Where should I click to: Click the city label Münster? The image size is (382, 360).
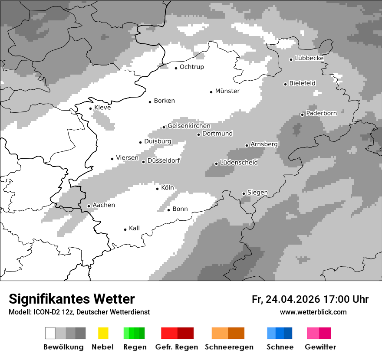point(227,91)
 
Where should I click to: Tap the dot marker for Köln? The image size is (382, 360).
point(158,189)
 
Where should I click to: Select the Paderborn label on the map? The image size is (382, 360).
point(321,114)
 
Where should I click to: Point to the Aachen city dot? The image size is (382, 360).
point(89,206)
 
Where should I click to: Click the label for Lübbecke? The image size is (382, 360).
point(309,59)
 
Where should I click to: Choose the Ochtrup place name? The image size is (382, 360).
point(191,67)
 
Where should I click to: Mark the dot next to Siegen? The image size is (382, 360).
point(244,193)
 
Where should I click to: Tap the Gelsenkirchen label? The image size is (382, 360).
point(189,126)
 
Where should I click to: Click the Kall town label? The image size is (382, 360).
point(134,228)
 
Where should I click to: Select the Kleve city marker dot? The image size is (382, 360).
point(90,108)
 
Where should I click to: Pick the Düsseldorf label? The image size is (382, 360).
point(163,161)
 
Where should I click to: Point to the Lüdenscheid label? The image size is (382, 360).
point(239,163)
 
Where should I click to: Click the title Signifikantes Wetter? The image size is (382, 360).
point(72,299)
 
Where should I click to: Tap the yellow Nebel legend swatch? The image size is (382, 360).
point(103,333)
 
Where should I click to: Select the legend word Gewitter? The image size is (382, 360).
point(320,347)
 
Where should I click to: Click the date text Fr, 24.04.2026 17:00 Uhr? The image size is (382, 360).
point(310,299)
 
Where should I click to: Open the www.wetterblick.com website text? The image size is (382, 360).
point(313,312)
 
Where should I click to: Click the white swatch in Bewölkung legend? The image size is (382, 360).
point(50,333)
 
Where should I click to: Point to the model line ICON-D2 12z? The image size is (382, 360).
point(79,312)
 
